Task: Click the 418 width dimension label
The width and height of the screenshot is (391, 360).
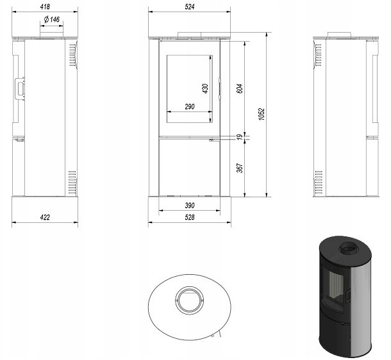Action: coord(45,7)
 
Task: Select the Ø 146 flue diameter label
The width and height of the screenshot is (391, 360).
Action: coord(52,19)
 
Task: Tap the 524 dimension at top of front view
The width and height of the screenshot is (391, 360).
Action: coord(190,7)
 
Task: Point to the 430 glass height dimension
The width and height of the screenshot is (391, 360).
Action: coord(206,88)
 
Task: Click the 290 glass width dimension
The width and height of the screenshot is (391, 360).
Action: coord(190,106)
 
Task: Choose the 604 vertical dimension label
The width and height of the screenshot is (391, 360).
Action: coord(239,88)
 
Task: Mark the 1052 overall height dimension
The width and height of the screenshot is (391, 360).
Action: coord(262,114)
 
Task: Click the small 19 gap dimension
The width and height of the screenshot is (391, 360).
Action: coord(239,137)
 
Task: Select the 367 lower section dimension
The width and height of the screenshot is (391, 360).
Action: coord(239,168)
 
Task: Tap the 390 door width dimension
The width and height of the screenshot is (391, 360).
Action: coord(190,206)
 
